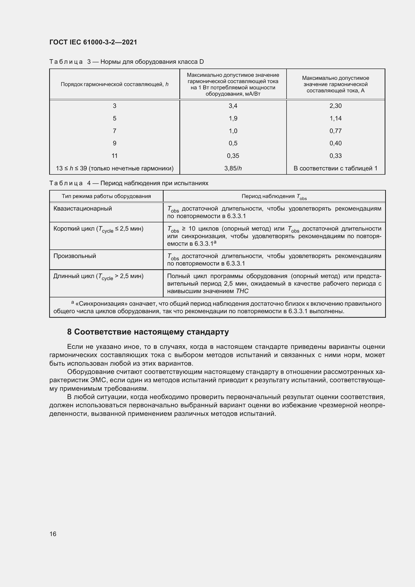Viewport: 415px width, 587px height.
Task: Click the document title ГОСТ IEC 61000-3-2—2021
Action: (93, 42)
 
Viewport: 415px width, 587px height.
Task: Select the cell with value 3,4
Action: (233, 106)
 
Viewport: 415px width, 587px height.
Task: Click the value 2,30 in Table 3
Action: (335, 106)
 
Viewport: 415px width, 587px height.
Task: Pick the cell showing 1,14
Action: (335, 118)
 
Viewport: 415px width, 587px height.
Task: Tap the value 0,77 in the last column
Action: (335, 131)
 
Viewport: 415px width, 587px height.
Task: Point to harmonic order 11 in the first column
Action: (114, 156)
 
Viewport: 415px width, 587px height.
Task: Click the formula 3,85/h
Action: (233, 168)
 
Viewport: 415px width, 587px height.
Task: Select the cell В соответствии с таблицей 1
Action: (335, 168)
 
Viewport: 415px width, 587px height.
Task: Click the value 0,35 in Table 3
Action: (233, 156)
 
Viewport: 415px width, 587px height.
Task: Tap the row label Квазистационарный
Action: (83, 209)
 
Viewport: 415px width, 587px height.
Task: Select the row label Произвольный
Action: (75, 256)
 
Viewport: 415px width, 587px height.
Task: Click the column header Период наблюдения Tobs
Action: (274, 197)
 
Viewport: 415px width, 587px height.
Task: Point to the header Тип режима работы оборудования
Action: (106, 196)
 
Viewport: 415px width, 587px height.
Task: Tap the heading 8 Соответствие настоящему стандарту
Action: (148, 332)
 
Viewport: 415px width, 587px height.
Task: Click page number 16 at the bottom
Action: (53, 534)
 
